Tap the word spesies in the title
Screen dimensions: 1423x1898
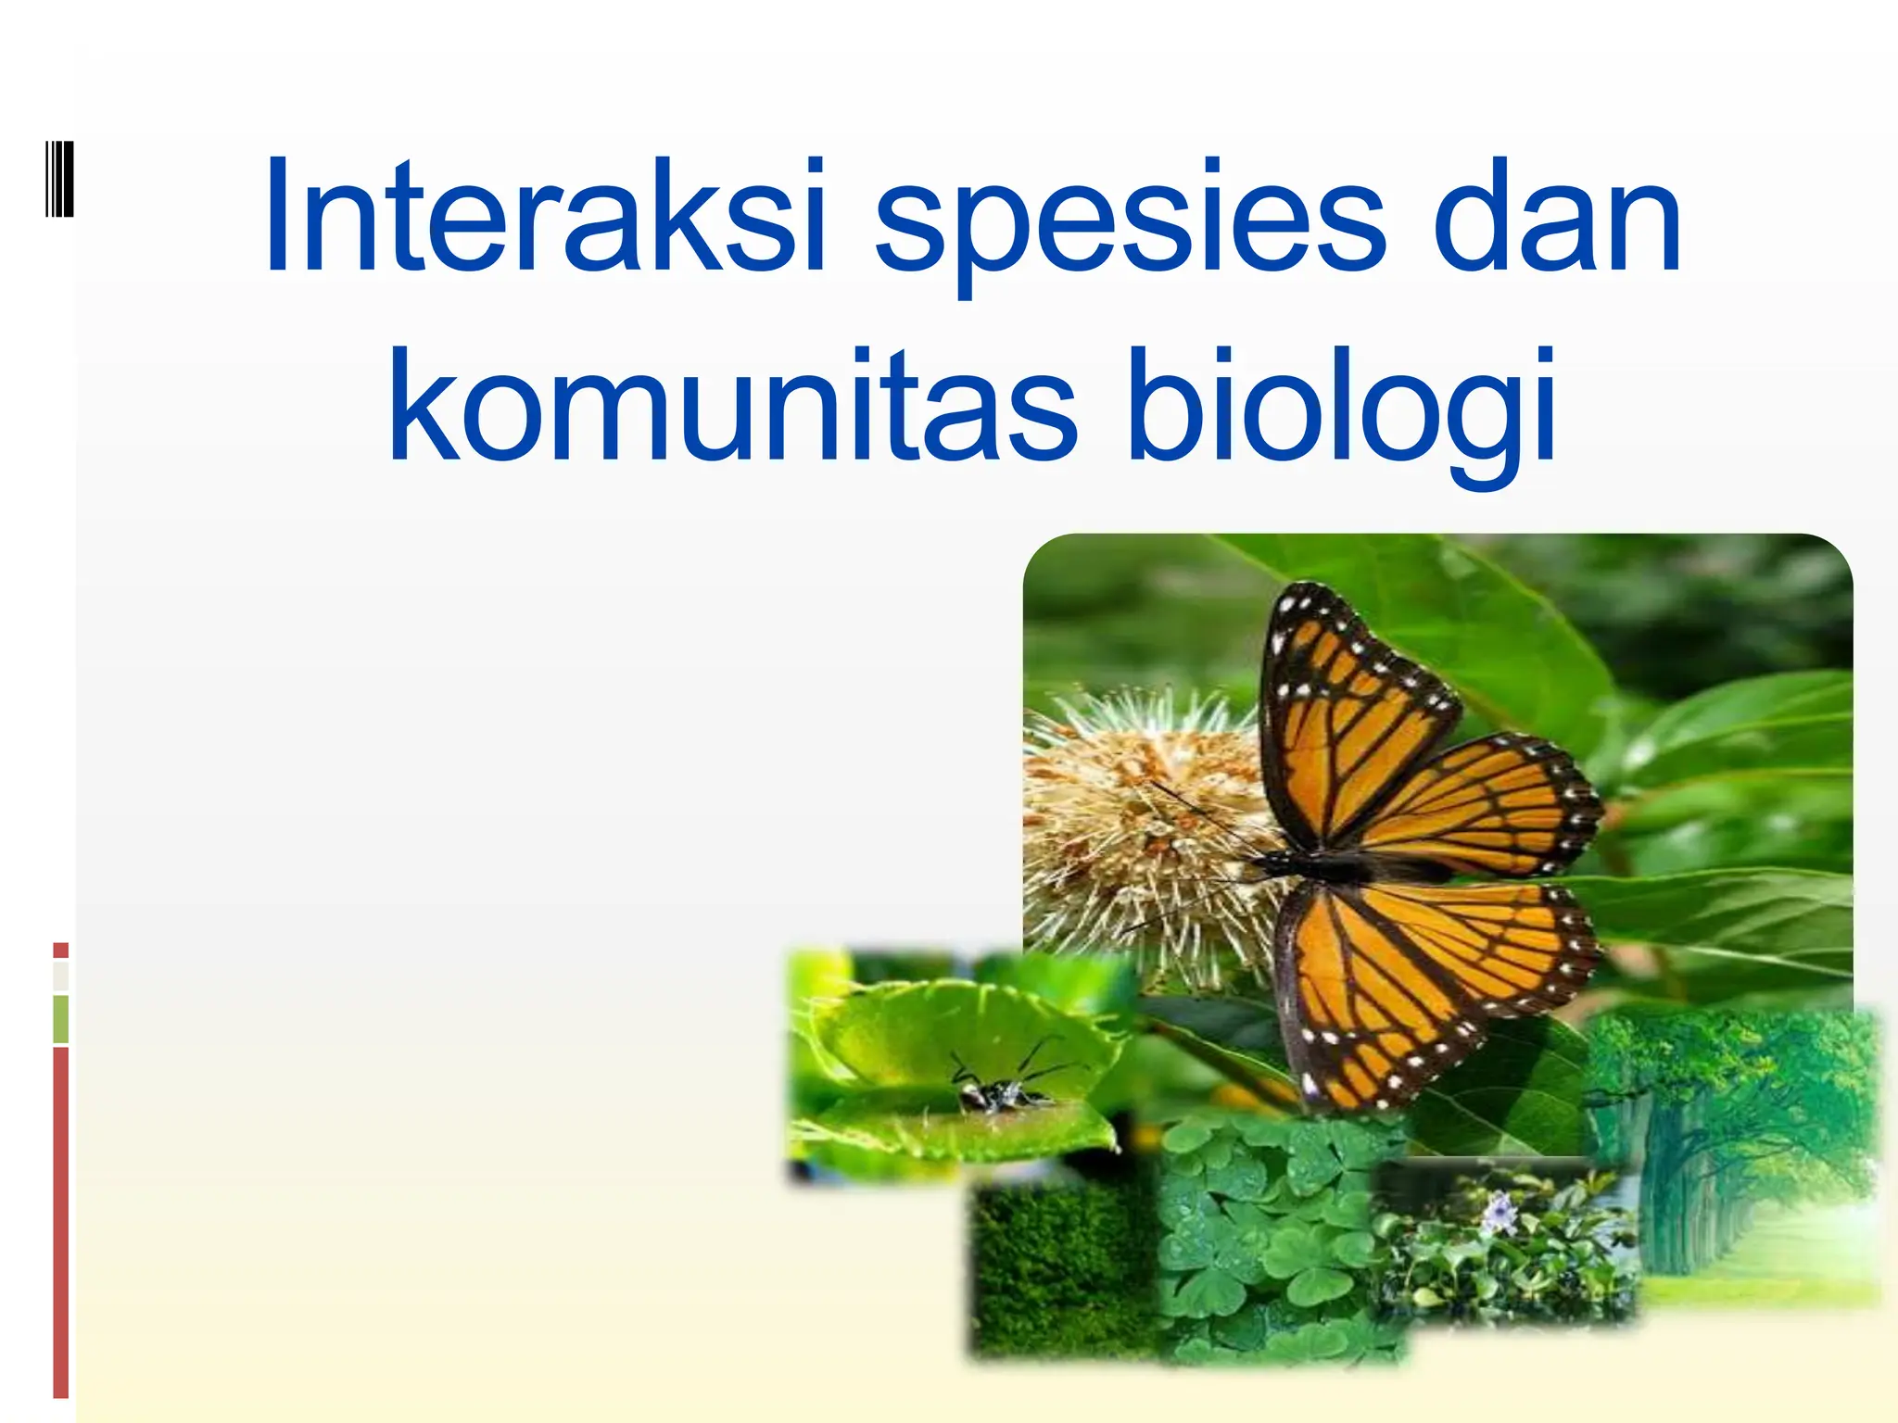tap(1130, 222)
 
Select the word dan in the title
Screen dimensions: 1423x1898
tap(1557, 218)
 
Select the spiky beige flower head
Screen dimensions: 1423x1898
tap(1140, 825)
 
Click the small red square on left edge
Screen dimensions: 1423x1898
tap(61, 950)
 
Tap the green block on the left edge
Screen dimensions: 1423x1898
tap(61, 1019)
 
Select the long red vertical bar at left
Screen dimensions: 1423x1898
tap(61, 1223)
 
